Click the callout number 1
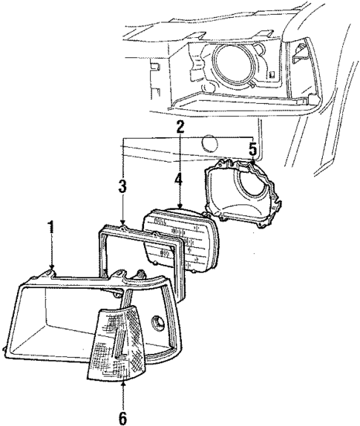50,226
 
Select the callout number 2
180,128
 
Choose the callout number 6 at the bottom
122,417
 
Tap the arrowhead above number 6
122,384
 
